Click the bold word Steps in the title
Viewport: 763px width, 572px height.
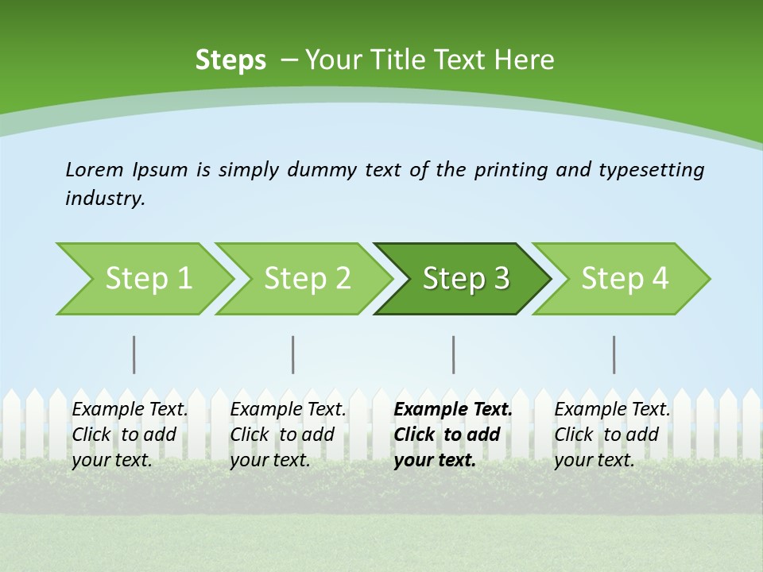tap(230, 60)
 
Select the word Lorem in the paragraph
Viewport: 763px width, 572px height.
tap(95, 169)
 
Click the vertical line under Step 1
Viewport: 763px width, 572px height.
tap(134, 354)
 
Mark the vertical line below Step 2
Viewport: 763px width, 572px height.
tap(293, 354)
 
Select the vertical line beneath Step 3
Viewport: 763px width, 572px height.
tap(454, 354)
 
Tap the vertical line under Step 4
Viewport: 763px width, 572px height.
tap(614, 354)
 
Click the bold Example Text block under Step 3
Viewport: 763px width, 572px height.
tap(453, 435)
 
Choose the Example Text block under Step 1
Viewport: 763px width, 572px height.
tap(130, 435)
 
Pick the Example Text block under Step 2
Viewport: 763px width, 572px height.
tap(288, 435)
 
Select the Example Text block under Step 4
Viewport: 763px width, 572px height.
tap(612, 435)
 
